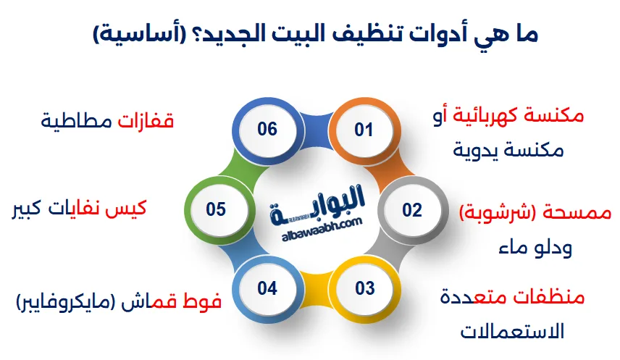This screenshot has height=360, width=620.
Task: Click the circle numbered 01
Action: pos(363,130)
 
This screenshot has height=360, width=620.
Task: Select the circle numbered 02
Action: pos(411,210)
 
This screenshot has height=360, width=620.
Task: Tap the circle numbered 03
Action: pos(364,288)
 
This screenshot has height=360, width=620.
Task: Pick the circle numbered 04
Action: pos(267,288)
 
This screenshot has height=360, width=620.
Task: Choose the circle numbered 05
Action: pos(216,210)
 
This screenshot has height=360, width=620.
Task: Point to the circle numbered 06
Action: pos(267,130)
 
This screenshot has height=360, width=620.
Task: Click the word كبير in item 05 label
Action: pos(28,209)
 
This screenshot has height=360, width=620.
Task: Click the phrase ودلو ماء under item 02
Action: pos(536,248)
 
